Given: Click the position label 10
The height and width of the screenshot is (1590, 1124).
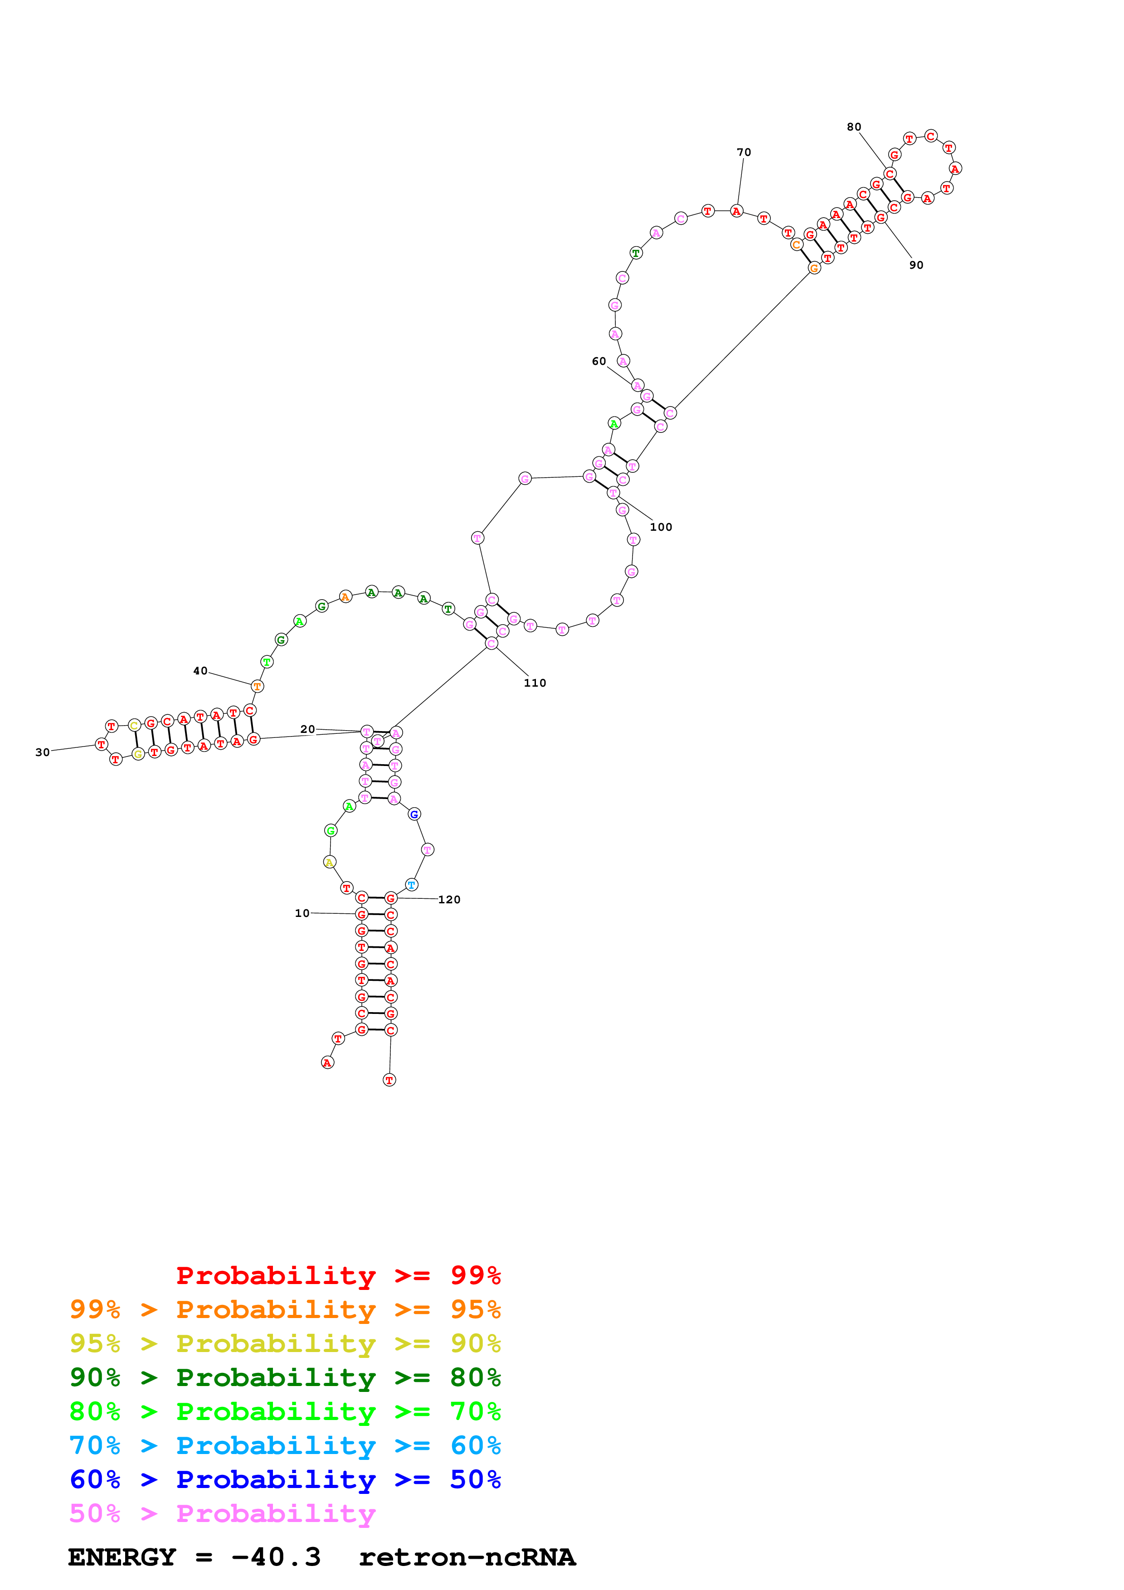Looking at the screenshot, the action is click(302, 913).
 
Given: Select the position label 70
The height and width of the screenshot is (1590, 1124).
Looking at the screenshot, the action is click(744, 152).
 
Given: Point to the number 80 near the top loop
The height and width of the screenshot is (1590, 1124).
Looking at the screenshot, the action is click(854, 127).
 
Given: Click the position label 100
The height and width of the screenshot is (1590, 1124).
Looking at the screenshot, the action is click(661, 527).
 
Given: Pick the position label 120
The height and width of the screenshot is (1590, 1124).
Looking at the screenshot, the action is click(449, 900).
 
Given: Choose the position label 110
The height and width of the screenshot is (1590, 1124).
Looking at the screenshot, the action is click(535, 683).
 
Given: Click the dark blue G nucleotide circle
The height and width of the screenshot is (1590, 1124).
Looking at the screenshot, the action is click(414, 814).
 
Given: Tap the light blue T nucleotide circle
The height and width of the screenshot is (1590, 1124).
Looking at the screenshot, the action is click(411, 885).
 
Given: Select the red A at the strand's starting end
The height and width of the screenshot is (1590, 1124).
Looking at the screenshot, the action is click(327, 1062).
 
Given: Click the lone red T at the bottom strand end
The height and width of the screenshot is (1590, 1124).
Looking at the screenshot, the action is click(389, 1080).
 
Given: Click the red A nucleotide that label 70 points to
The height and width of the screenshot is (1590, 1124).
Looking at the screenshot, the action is click(736, 211).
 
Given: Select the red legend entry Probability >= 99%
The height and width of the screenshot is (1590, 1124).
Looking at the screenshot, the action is click(338, 1275).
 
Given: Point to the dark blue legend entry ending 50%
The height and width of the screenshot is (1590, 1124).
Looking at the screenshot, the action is click(285, 1479).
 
